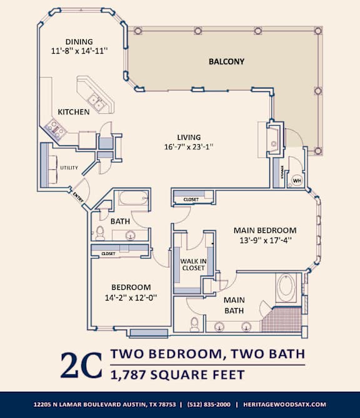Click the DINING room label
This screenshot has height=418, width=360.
pos(79,42)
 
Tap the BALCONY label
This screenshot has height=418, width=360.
pos(226,62)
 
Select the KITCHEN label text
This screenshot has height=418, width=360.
pos(74,112)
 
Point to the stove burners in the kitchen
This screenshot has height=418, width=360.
pos(54,129)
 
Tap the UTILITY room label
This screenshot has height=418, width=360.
pos(68,168)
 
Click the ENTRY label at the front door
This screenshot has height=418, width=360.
pos(78,195)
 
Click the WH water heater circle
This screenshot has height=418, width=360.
pos(297,181)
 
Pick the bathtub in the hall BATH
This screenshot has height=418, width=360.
pos(133,201)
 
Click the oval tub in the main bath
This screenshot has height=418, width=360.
pos(287,289)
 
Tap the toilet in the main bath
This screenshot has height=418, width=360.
pos(195,324)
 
